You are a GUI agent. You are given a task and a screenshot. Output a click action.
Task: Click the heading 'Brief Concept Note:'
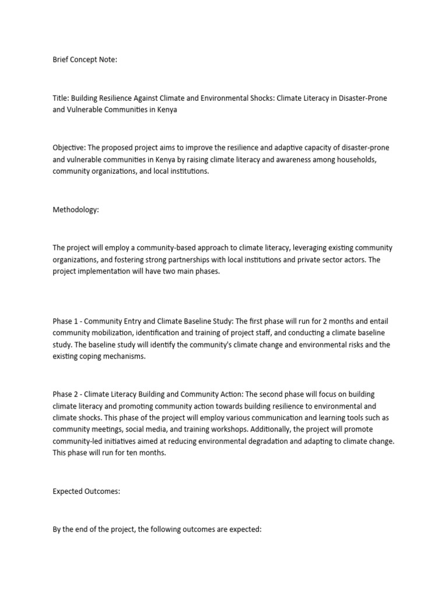click(x=85, y=59)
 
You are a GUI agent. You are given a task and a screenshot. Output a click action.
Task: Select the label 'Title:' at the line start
click(x=61, y=99)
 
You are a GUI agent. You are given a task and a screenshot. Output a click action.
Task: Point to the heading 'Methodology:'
click(x=76, y=210)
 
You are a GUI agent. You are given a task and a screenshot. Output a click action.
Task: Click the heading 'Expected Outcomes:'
click(x=86, y=491)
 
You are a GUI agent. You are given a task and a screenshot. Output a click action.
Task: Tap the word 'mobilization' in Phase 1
click(x=111, y=333)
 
